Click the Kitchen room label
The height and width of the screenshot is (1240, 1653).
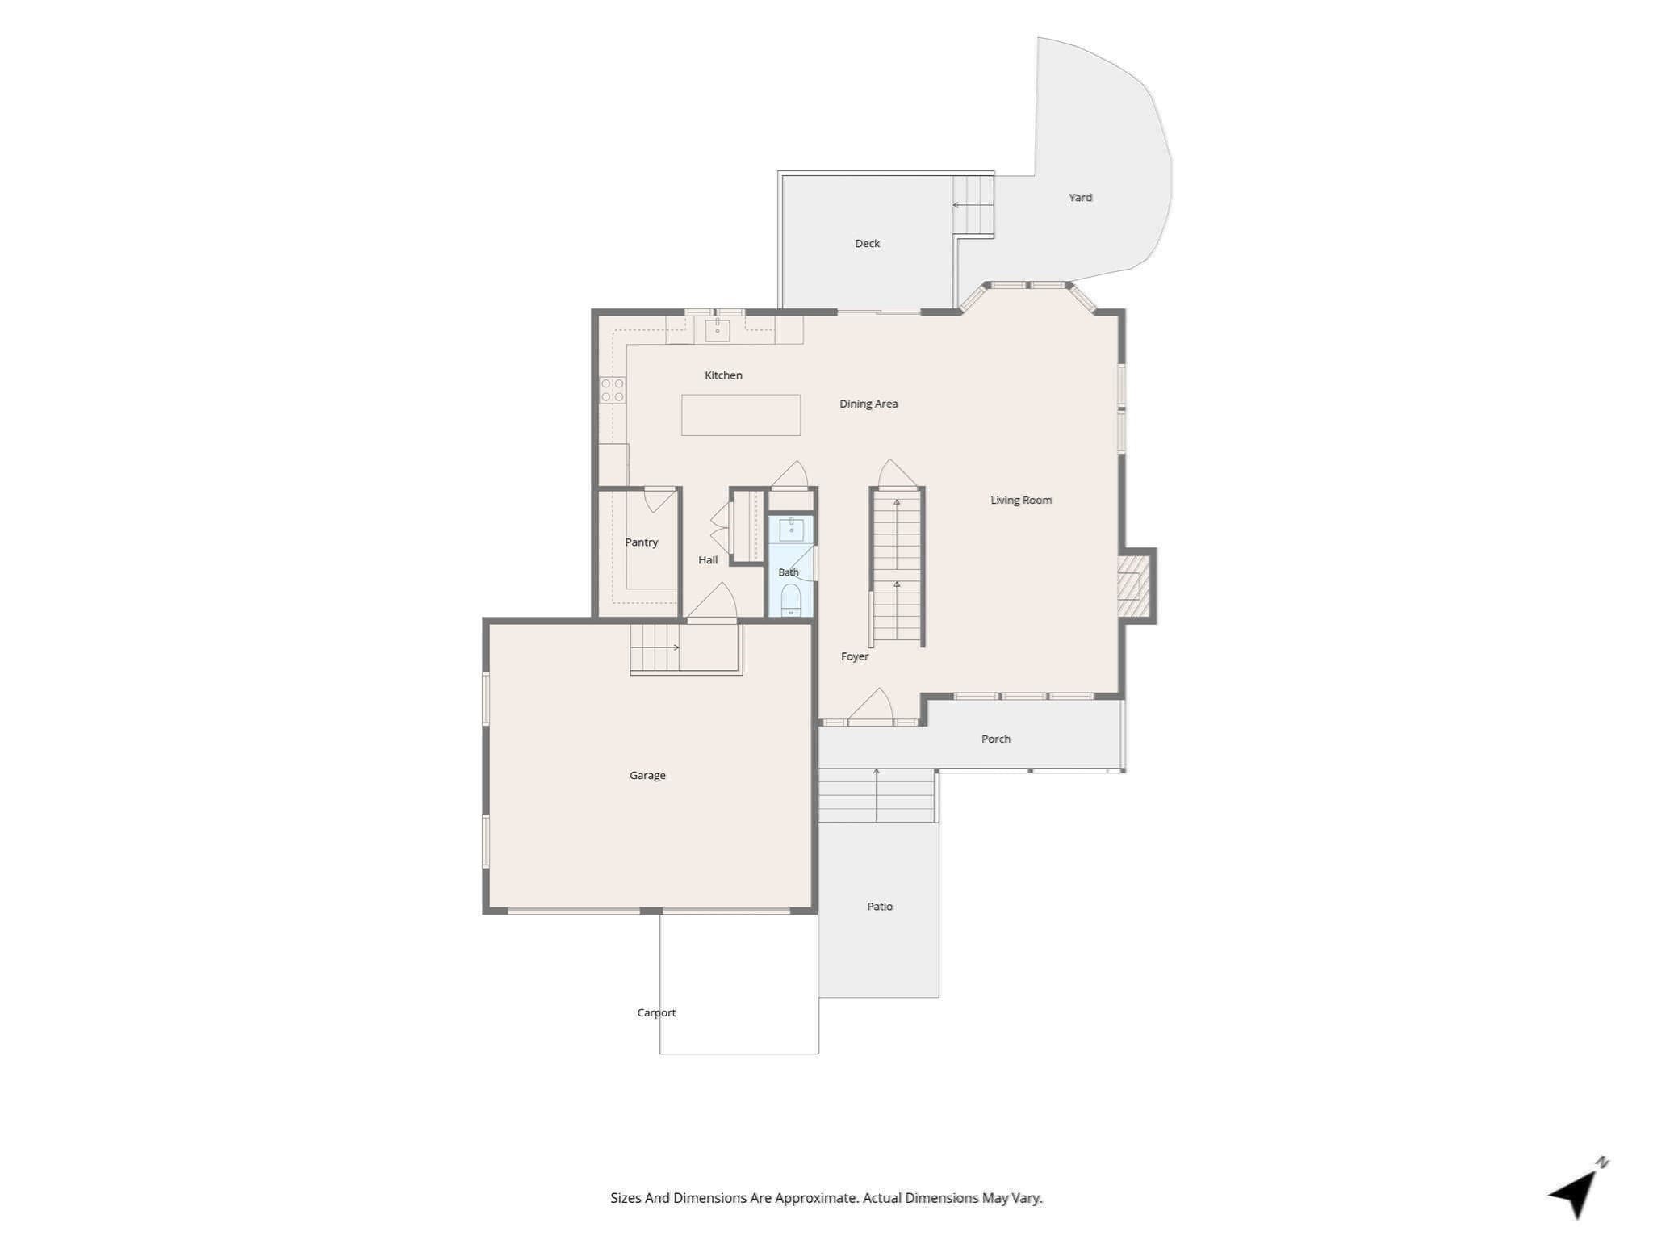(x=723, y=375)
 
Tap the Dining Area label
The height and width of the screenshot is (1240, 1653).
(x=868, y=404)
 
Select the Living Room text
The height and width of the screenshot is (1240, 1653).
(x=1021, y=501)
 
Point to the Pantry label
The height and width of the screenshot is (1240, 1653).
(x=642, y=542)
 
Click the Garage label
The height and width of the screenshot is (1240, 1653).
(x=647, y=776)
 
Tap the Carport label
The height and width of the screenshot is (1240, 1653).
(x=656, y=1013)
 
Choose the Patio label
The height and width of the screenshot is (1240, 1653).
(x=880, y=907)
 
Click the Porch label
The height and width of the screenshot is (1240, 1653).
(x=996, y=739)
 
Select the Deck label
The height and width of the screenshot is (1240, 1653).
(x=868, y=243)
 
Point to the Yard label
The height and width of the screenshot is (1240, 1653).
(x=1081, y=197)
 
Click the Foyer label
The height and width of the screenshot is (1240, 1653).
(x=855, y=656)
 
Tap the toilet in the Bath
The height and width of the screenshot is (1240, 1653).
(x=791, y=599)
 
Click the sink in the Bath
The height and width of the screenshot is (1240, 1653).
(x=791, y=530)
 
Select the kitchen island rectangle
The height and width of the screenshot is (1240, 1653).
(x=741, y=415)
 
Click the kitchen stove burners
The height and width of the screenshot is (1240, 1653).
(x=613, y=390)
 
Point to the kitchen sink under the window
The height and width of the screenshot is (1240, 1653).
(x=718, y=330)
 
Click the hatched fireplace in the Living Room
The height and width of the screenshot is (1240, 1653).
(x=1134, y=586)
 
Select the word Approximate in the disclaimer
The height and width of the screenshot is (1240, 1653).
(x=817, y=1198)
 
